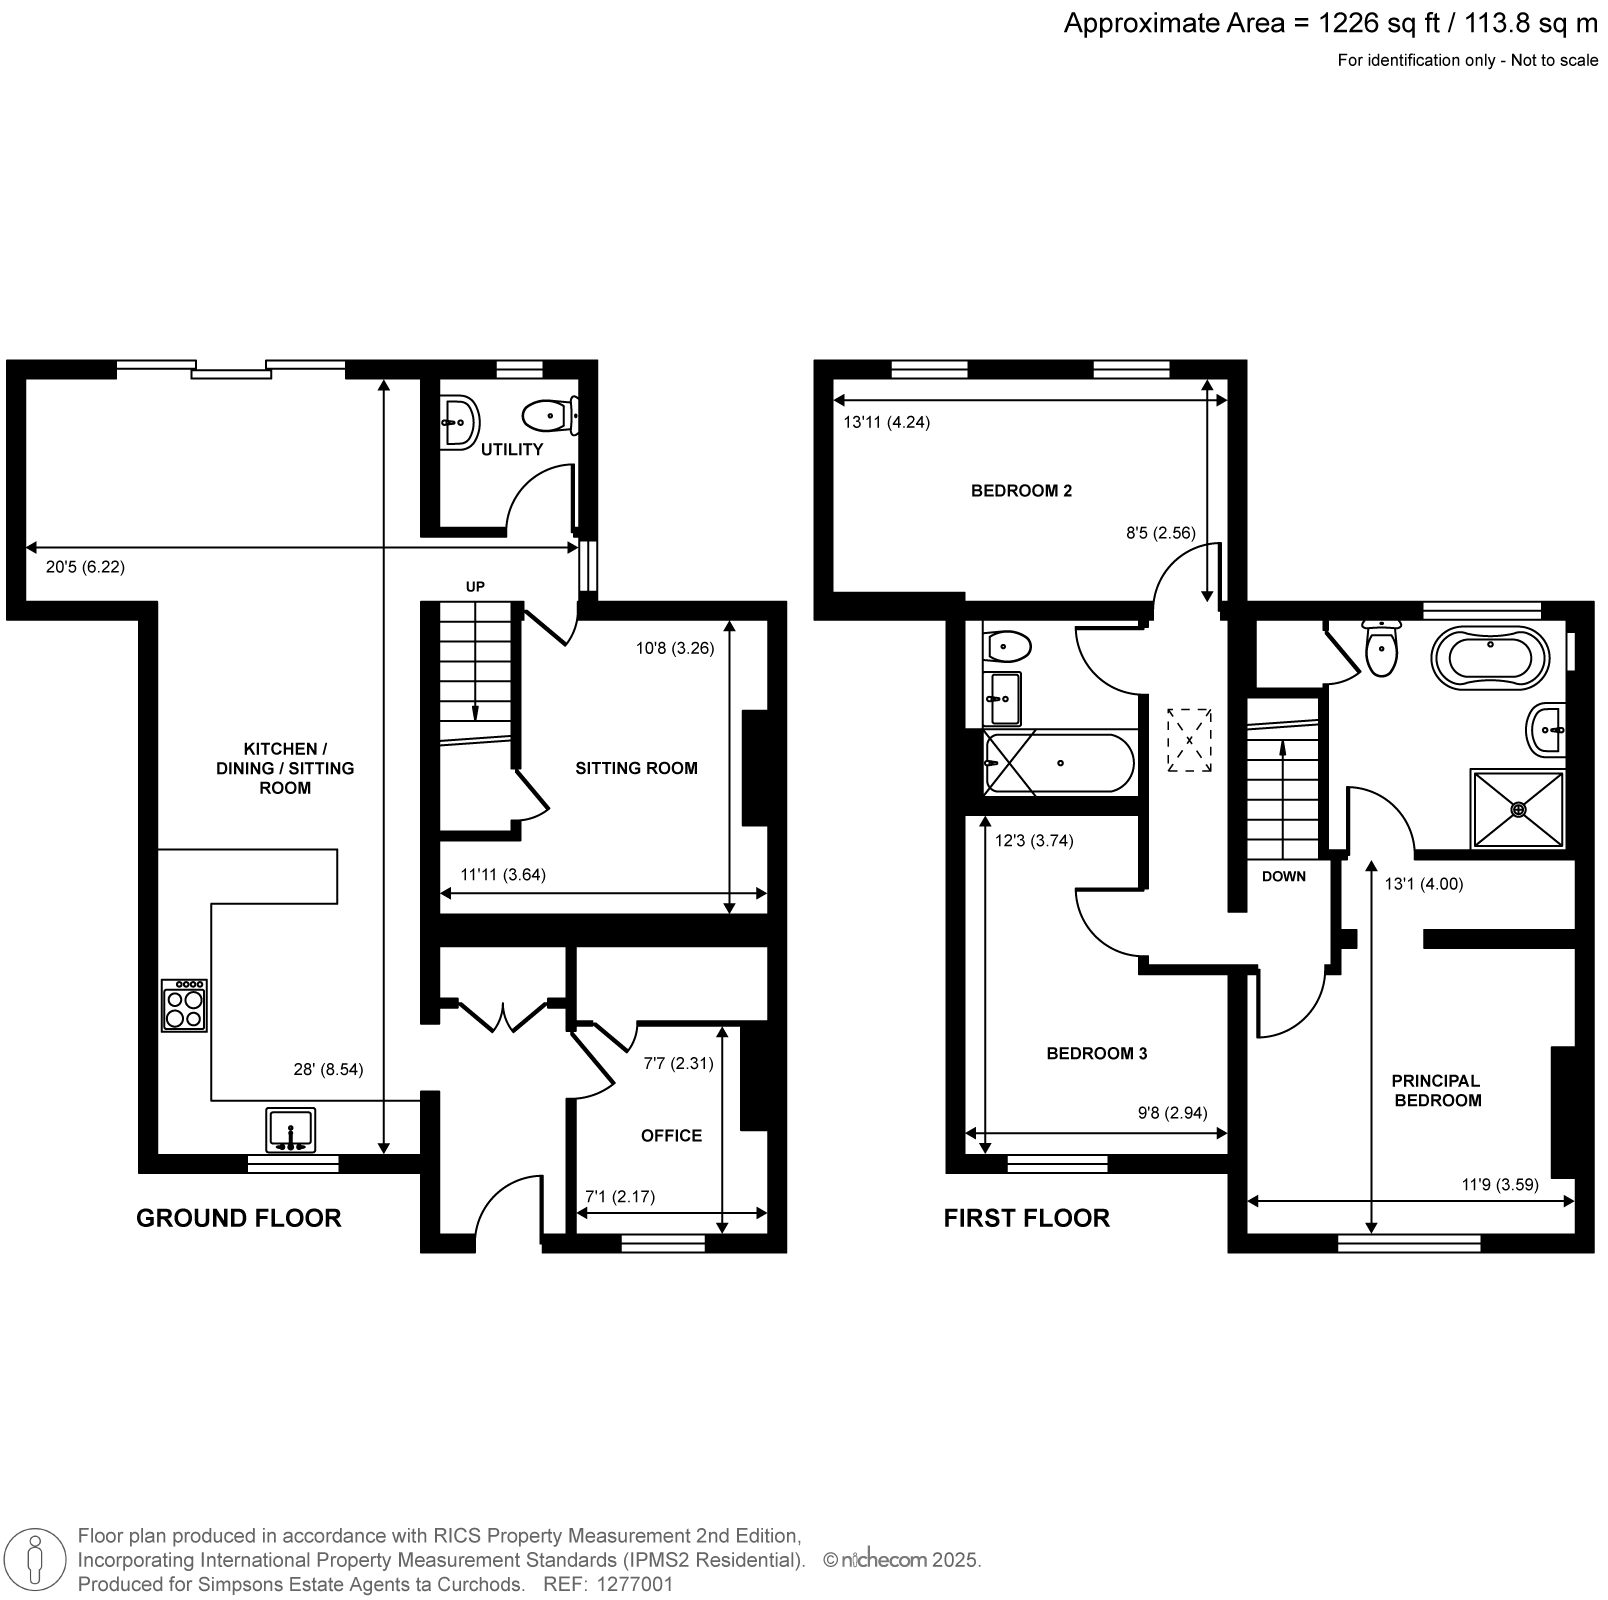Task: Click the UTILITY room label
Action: [x=512, y=449]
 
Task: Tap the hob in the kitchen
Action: [x=185, y=1005]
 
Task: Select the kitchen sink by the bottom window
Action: [x=290, y=1129]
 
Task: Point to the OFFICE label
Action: [x=671, y=1135]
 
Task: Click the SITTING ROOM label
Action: [x=636, y=768]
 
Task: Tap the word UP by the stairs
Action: [x=475, y=587]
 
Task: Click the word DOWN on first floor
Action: [x=1284, y=876]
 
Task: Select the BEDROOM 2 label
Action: [x=1021, y=491]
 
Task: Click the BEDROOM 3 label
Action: [x=1096, y=1053]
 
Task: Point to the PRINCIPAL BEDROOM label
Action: [x=1437, y=1090]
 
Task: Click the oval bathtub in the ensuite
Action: [x=1490, y=659]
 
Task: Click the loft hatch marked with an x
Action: [x=1189, y=740]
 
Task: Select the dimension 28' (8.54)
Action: [x=322, y=1069]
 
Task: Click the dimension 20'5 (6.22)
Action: [x=85, y=567]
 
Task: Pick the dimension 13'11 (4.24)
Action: [x=886, y=422]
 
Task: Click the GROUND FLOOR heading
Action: [x=238, y=1218]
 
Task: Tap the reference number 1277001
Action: [x=635, y=1585]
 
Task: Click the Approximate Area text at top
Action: [x=1331, y=23]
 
